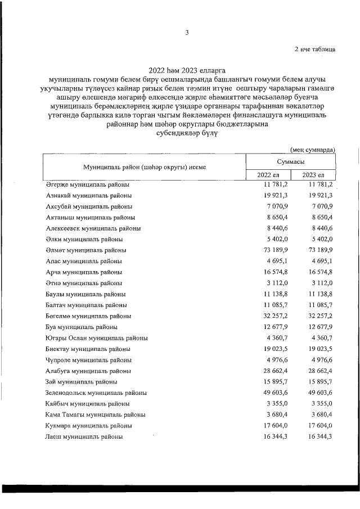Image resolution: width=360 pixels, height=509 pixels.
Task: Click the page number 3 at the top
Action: [186, 32]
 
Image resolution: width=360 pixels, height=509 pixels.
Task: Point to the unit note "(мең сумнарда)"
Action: [313, 150]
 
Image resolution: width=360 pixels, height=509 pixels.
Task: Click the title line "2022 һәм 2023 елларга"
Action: [186, 71]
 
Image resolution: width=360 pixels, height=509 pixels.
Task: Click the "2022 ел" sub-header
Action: [268, 175]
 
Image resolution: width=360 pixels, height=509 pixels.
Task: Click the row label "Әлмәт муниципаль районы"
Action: [85, 250]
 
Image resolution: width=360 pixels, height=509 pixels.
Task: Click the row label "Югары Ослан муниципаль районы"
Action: [96, 338]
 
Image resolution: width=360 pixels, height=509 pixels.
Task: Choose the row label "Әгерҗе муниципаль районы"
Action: [88, 184]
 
